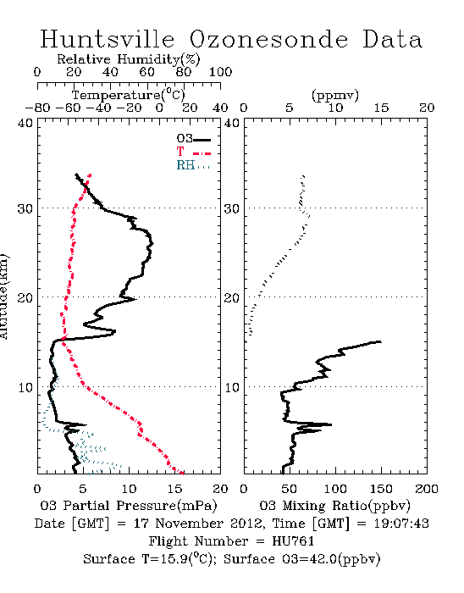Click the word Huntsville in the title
tap(108, 39)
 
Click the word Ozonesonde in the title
tap(268, 39)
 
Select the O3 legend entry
tap(193, 139)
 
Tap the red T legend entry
tap(193, 152)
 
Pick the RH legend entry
tap(193, 165)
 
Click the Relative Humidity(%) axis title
tap(129, 59)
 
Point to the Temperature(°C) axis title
tap(129, 95)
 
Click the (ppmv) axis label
tap(335, 95)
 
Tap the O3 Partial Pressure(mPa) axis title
tap(129, 506)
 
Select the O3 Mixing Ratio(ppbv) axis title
tap(334, 506)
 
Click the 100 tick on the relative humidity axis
tap(221, 72)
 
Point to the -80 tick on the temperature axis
tap(37, 108)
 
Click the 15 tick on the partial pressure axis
tap(174, 489)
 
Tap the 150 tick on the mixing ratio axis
tap(381, 489)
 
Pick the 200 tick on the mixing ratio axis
tap(427, 489)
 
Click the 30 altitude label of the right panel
tap(231, 208)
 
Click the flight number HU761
tap(293, 541)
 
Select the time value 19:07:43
tap(401, 524)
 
